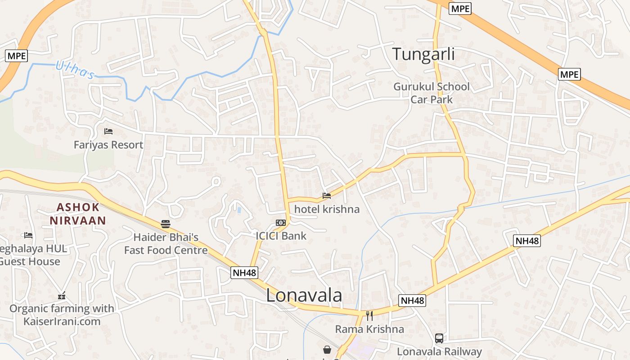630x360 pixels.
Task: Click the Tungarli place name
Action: point(423,54)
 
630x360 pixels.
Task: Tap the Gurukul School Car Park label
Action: point(432,93)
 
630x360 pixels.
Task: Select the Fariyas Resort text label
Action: point(108,145)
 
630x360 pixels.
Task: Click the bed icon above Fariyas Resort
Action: point(108,131)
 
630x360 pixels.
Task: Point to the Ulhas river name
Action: point(75,70)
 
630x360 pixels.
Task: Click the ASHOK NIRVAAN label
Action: point(78,214)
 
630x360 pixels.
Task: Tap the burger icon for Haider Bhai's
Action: point(166,224)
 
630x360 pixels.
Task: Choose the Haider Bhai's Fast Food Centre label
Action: point(166,243)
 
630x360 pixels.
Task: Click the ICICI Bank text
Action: point(281,236)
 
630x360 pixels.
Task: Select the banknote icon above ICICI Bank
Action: point(281,223)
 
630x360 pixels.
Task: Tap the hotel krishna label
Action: point(327,209)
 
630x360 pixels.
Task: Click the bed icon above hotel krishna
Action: point(327,196)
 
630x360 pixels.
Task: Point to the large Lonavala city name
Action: point(304,296)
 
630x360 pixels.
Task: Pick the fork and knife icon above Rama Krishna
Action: point(369,315)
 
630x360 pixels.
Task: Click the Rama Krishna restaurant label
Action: point(369,329)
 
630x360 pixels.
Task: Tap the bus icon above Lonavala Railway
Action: point(439,338)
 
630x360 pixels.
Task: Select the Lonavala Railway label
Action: point(439,351)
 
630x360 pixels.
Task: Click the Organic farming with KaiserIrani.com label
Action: point(62,315)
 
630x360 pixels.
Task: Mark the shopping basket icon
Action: point(327,350)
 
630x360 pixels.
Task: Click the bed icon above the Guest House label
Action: point(28,235)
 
